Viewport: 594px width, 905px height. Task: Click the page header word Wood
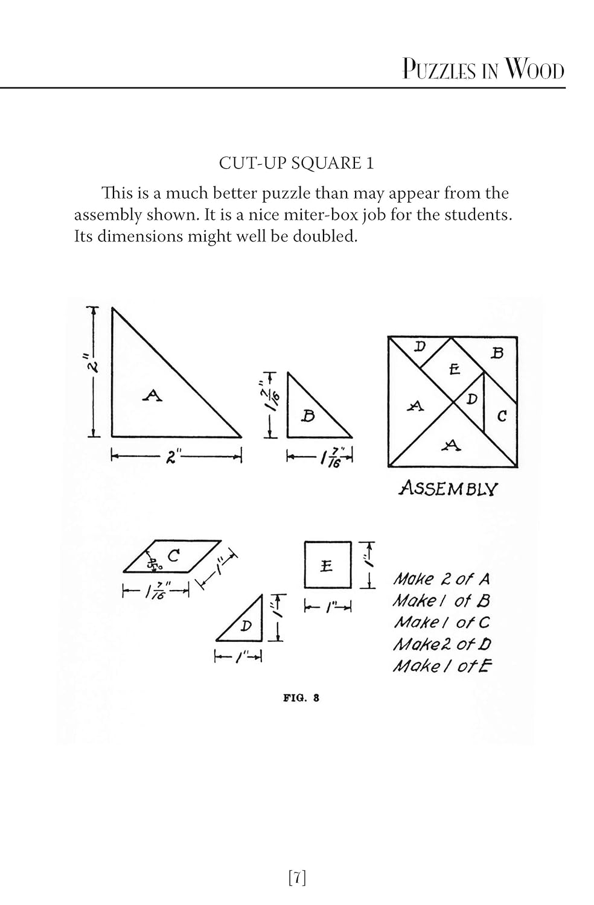pyautogui.click(x=534, y=70)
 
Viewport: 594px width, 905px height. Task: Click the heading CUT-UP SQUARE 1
pyautogui.click(x=296, y=163)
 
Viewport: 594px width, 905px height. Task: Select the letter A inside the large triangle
pyautogui.click(x=153, y=396)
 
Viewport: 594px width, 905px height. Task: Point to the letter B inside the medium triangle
pyautogui.click(x=308, y=416)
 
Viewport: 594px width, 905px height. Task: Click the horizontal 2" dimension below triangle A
pyautogui.click(x=171, y=457)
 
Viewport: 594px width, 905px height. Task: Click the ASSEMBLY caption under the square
pyautogui.click(x=448, y=488)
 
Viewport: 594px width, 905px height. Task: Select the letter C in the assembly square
pyautogui.click(x=502, y=416)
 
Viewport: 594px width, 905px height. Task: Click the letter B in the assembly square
pyautogui.click(x=497, y=354)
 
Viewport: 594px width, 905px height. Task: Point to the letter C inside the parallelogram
pyautogui.click(x=173, y=555)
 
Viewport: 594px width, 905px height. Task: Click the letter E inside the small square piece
pyautogui.click(x=327, y=566)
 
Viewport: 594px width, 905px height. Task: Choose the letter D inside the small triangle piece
pyautogui.click(x=246, y=626)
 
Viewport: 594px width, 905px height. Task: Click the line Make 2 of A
pyautogui.click(x=441, y=579)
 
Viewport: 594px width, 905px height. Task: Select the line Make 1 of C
pyautogui.click(x=441, y=622)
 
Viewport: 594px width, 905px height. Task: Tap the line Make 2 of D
pyautogui.click(x=442, y=644)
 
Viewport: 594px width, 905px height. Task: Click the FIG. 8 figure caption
pyautogui.click(x=301, y=698)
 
